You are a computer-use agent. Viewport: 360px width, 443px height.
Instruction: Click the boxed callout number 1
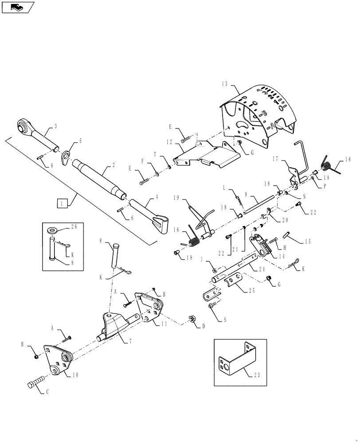click(60, 203)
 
